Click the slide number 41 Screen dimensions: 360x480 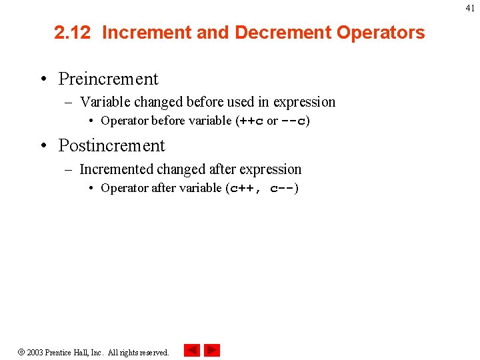(471, 7)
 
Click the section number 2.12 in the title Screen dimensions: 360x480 (72, 33)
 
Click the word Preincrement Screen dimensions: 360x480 (108, 79)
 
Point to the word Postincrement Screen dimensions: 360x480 (111, 145)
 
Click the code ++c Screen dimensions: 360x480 (250, 121)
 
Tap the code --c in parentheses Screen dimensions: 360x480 (293, 121)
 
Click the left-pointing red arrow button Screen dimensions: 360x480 (192, 350)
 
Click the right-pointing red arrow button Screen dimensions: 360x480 (212, 350)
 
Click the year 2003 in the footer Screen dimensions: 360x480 (35, 352)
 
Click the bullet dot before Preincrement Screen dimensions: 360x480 (43, 79)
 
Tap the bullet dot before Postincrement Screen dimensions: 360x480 (43, 146)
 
